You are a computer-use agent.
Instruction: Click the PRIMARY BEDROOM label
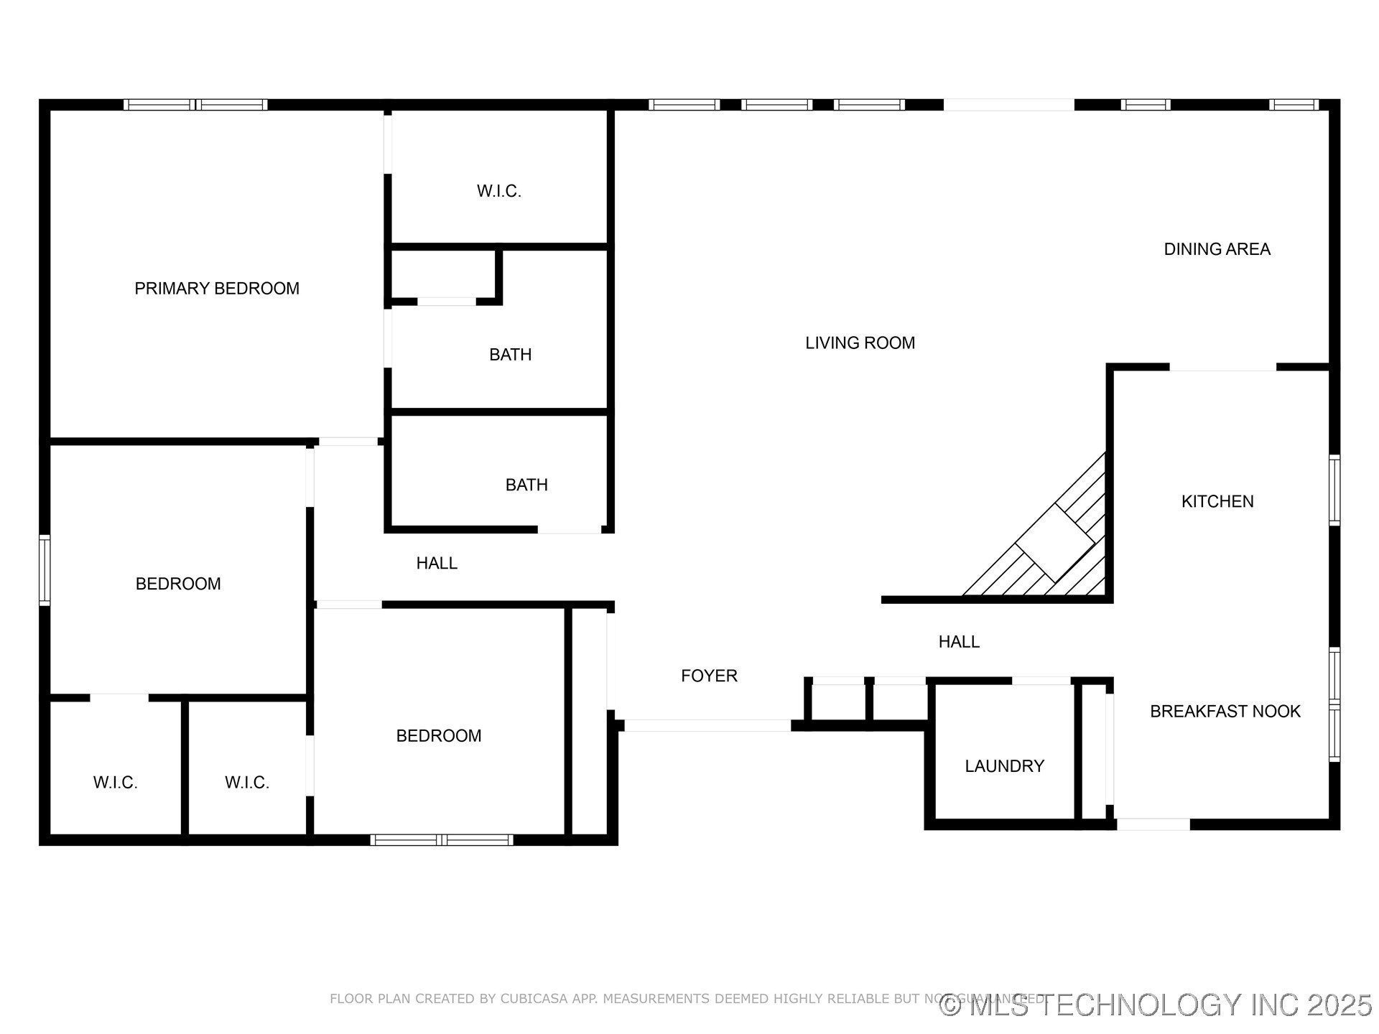coord(217,289)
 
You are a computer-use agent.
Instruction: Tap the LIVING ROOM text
coord(860,343)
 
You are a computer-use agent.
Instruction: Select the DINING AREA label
coord(1217,249)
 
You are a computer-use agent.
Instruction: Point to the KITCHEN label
coord(1217,501)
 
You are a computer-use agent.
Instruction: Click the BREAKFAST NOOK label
coord(1225,711)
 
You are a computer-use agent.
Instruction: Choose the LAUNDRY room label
coord(1004,766)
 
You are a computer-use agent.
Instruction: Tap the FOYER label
coord(709,676)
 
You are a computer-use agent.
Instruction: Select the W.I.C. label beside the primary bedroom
coord(498,191)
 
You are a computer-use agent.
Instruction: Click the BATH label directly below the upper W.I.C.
coord(510,355)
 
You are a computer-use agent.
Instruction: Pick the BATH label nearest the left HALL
coord(526,485)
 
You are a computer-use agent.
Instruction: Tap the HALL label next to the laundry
coord(959,642)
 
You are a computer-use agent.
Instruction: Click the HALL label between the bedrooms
coord(437,564)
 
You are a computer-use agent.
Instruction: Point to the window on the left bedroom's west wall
coord(45,570)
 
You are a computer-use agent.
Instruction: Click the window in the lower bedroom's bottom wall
coord(442,839)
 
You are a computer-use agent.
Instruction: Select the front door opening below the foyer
coord(707,726)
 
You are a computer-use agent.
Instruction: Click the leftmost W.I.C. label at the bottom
coord(115,783)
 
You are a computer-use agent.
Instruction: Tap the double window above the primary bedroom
coord(195,105)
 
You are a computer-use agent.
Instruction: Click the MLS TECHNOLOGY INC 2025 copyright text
coord(1156,1005)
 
